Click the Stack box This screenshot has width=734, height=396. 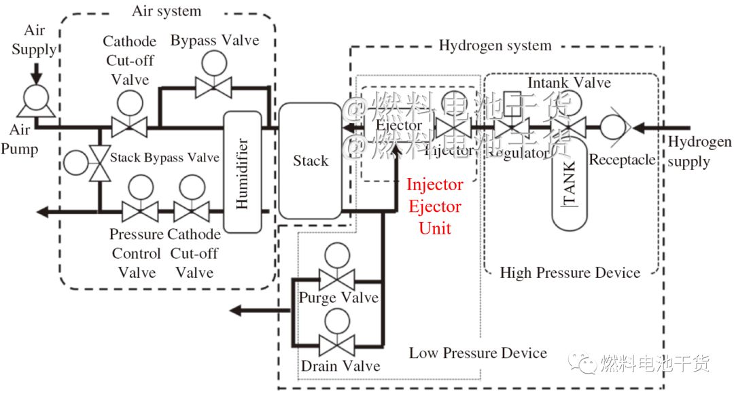point(310,160)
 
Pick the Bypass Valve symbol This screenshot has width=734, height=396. point(214,86)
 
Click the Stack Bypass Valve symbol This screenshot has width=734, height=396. point(101,164)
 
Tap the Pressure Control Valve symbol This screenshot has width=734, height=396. point(139,211)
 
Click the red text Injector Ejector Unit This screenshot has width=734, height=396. point(435,206)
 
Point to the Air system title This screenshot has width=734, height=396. point(167,11)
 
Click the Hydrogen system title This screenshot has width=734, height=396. point(495,46)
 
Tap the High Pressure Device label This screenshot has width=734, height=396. point(570,273)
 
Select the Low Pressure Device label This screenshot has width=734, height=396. point(478,353)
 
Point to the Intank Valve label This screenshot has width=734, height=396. point(569,83)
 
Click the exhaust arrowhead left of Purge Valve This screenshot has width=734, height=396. point(236,310)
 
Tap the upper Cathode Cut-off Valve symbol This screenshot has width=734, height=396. point(129,126)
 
